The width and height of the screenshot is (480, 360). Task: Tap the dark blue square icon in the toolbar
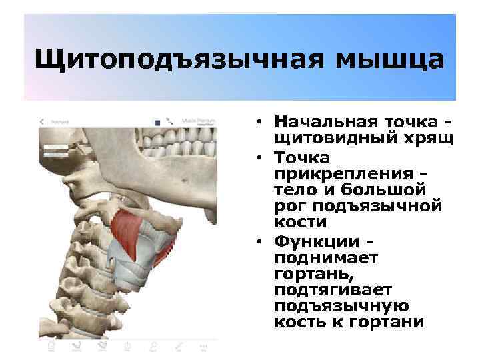pyautogui.click(x=157, y=122)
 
